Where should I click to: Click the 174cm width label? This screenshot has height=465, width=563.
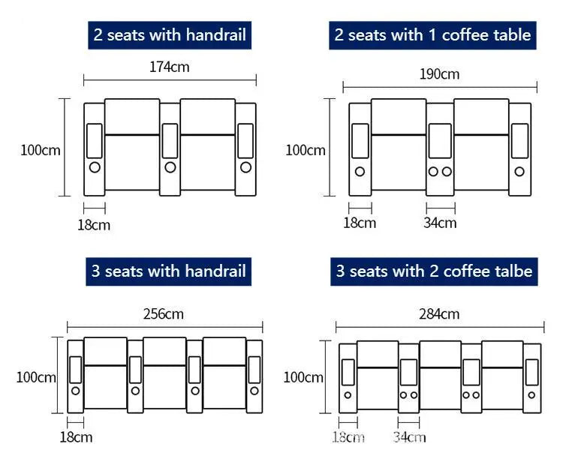click(170, 67)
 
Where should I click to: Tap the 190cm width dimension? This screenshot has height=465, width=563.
click(439, 74)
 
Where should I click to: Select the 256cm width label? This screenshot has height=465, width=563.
click(164, 314)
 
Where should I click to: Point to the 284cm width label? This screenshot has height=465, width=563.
click(439, 314)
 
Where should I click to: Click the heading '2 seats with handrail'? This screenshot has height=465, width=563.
click(170, 35)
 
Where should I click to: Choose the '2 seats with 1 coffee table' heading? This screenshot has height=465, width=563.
click(432, 35)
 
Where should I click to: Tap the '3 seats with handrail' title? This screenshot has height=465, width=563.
click(168, 271)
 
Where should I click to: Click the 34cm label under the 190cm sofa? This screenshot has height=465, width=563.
click(440, 223)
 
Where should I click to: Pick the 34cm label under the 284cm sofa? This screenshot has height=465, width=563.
click(409, 437)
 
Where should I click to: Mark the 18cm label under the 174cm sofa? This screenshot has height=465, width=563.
click(94, 225)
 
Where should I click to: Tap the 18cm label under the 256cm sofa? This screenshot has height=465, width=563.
click(76, 437)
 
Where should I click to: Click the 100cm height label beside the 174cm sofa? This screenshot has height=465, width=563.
click(41, 150)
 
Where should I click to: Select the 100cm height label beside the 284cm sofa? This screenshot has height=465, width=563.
click(303, 377)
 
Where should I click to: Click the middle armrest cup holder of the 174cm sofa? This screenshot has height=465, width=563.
click(170, 167)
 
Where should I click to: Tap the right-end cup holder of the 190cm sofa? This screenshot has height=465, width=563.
click(519, 172)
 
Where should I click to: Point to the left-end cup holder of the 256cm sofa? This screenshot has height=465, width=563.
click(75, 391)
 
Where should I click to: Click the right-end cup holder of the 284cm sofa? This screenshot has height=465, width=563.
click(531, 395)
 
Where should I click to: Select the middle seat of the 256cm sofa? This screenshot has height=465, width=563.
click(165, 373)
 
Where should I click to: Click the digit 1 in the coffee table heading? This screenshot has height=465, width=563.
click(432, 35)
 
